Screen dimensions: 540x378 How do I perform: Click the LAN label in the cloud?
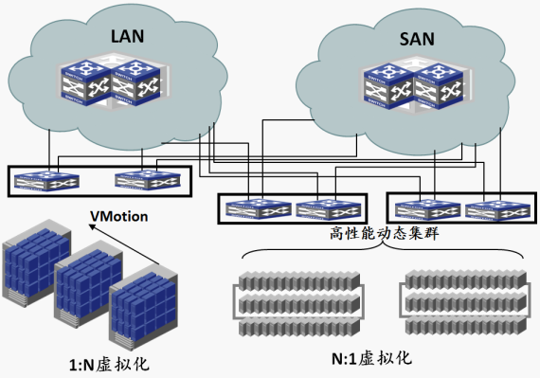point(127,36)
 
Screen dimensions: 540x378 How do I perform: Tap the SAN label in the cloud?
point(417,39)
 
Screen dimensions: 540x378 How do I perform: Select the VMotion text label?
point(119,216)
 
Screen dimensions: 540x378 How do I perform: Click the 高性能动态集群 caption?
point(385,233)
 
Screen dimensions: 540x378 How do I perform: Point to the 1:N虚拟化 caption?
point(109,364)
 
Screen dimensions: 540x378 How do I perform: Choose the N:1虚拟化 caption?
point(371,358)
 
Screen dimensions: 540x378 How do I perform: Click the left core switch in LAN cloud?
point(86,82)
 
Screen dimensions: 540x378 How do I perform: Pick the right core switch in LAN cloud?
point(135,82)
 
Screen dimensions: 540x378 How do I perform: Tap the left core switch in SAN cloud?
point(388,86)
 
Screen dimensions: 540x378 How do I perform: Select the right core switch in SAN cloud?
point(438,86)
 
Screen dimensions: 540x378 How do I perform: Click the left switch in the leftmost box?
point(46,181)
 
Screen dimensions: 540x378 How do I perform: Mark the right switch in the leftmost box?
point(148,180)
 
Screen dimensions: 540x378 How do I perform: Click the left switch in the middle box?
point(259,208)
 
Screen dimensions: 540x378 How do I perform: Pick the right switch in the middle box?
point(329,208)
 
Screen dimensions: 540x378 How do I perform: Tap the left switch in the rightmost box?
point(427,208)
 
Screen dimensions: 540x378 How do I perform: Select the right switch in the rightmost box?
point(497,208)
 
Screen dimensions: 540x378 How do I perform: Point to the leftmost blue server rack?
point(37,262)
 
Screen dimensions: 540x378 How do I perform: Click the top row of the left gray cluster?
point(299,281)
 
